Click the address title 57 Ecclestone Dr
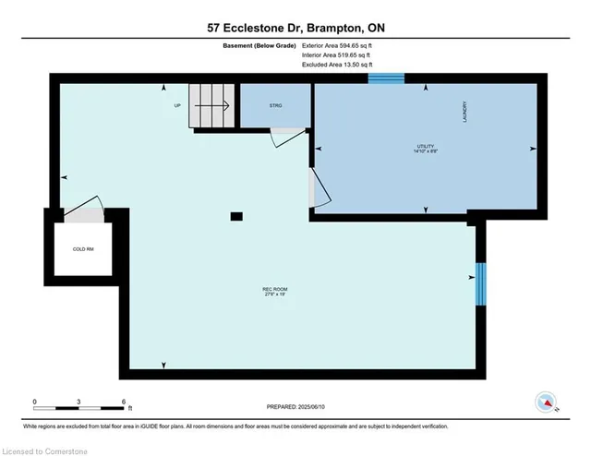(295, 29)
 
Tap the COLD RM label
(85, 249)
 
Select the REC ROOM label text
(274, 294)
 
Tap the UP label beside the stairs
(177, 105)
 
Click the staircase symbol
(210, 106)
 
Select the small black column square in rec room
(236, 216)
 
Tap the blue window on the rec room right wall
(479, 284)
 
